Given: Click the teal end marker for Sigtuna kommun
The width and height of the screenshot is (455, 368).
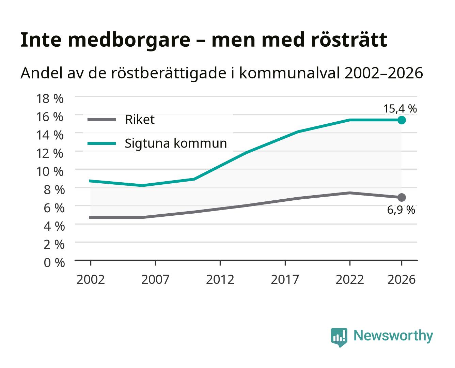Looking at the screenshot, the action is point(402,120).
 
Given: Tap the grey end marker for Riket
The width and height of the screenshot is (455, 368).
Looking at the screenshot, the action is point(402,197).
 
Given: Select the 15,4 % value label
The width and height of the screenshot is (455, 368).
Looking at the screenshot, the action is point(400,109).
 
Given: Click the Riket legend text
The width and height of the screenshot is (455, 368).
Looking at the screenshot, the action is point(140,119).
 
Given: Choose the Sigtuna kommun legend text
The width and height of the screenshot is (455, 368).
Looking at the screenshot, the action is point(176,143).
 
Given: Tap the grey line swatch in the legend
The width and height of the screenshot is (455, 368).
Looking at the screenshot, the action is point(102,120).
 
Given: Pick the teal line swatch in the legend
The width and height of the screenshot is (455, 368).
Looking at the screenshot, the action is point(102,143).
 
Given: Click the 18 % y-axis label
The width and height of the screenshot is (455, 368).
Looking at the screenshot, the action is point(50,98).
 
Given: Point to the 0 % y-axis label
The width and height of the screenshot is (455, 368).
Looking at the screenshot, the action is point(54,262).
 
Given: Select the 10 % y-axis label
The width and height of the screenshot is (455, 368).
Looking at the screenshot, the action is point(50,171).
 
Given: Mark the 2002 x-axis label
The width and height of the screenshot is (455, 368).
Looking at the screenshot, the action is point(91,279).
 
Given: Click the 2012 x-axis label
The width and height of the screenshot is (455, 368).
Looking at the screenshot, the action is point(220,279).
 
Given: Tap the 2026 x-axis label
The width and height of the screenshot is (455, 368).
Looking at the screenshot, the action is point(402,279).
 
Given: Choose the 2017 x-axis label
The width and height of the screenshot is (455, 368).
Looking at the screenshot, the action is point(285,279).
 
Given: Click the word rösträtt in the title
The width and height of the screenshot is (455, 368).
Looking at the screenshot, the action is point(349,40).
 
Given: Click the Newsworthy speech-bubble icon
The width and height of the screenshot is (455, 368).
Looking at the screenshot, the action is point(339,337).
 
